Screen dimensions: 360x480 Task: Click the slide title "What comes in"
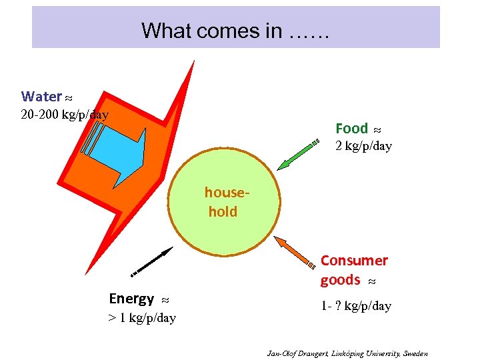(235, 31)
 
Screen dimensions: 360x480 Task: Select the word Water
(41, 97)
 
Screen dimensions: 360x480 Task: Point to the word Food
(351, 128)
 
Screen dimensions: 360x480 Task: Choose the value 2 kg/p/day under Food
(363, 146)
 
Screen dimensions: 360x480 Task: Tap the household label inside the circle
(225, 202)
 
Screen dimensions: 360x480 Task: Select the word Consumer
(354, 260)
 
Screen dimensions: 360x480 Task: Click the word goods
(340, 280)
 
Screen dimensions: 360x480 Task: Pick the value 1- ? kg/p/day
(356, 306)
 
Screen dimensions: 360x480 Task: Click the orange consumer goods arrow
(296, 251)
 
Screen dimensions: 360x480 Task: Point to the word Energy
(131, 299)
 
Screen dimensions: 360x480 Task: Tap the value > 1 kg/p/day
(142, 318)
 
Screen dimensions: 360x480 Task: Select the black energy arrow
(151, 261)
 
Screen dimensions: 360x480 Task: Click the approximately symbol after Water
(69, 97)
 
